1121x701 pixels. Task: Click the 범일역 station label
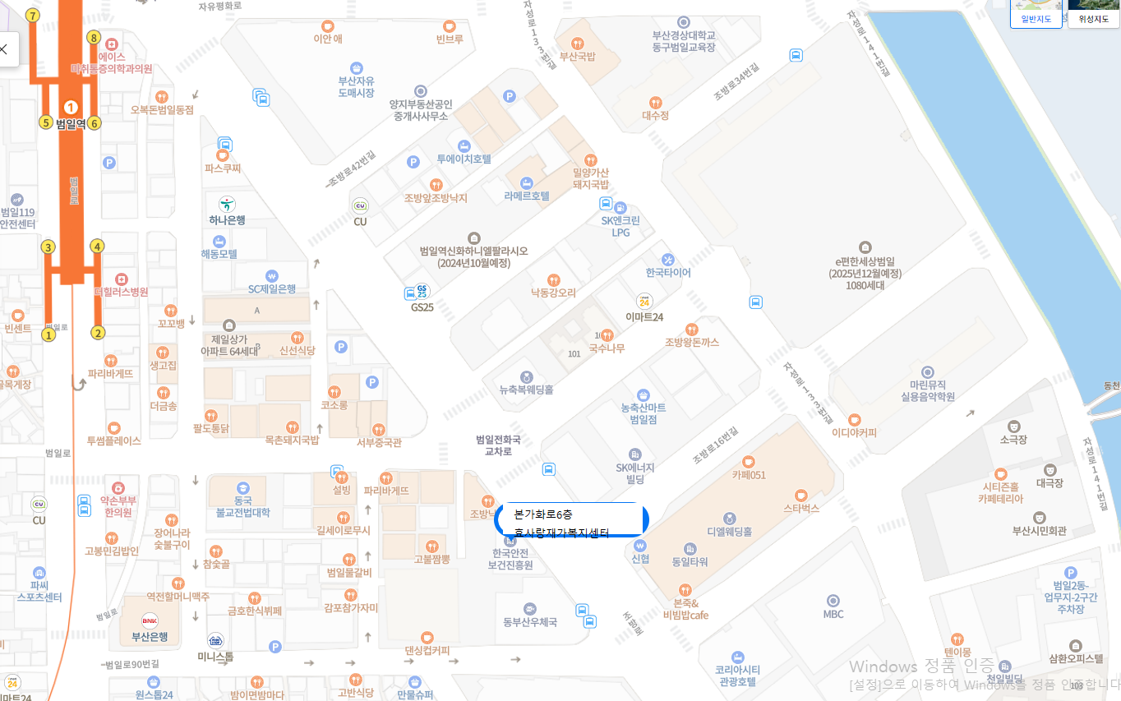pos(71,124)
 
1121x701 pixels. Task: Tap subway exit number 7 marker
pos(33,16)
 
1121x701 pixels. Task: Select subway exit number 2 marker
pos(98,333)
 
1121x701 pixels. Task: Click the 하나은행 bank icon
pos(227,203)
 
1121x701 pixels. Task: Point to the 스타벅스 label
pos(801,509)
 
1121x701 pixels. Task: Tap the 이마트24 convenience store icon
pos(644,302)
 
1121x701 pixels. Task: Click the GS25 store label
pos(422,307)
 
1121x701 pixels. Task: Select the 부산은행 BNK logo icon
pos(150,620)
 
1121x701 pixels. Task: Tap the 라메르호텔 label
pos(527,196)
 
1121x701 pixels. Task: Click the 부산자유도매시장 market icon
pos(357,67)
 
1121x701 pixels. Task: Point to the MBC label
pos(833,614)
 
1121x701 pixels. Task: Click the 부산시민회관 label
pos(1040,531)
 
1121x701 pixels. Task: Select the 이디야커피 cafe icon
pos(855,420)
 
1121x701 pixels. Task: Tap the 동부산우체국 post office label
pos(530,622)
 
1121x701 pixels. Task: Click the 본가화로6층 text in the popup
pos(543,514)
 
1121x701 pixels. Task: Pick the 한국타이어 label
pos(668,273)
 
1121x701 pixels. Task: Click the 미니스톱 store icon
pos(215,640)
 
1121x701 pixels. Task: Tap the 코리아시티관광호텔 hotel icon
pos(737,657)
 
